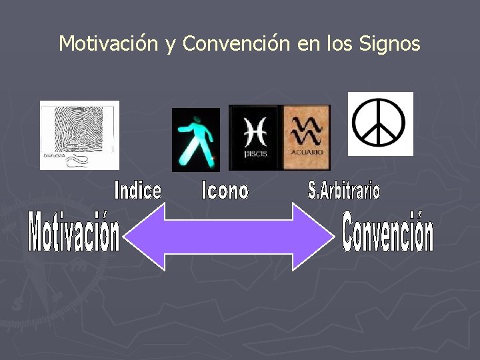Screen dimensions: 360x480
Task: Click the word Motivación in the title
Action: [108, 44]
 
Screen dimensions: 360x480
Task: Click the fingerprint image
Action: [79, 135]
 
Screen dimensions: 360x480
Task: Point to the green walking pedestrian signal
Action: [195, 139]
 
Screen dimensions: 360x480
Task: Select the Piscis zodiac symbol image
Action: [255, 137]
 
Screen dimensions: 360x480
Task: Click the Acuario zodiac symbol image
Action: [307, 137]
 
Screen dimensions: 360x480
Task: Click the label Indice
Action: [138, 191]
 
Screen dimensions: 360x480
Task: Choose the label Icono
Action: [225, 191]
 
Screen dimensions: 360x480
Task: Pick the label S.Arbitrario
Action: [344, 191]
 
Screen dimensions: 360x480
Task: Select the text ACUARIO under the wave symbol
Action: [307, 153]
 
